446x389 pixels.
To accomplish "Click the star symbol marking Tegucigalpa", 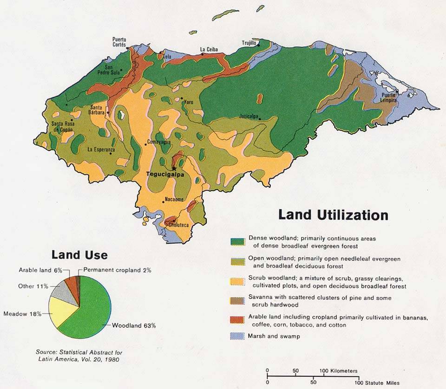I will point(174,168).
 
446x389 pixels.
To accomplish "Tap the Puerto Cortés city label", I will point(119,42).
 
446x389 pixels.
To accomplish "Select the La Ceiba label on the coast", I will point(209,49).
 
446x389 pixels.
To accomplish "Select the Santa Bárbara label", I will point(99,109).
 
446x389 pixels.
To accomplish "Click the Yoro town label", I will point(188,102).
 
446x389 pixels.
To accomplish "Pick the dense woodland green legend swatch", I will point(237,242).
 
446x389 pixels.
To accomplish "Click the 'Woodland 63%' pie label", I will point(134,325).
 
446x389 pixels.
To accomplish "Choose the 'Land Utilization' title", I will point(333,215).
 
